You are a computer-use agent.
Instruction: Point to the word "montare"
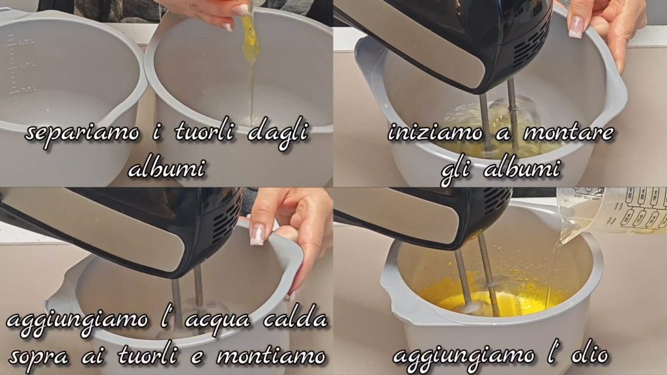[568, 133]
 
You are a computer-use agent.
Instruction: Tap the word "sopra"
[38, 357]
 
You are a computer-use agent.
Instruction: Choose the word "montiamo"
[271, 356]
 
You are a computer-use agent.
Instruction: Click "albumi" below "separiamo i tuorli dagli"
[167, 169]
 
